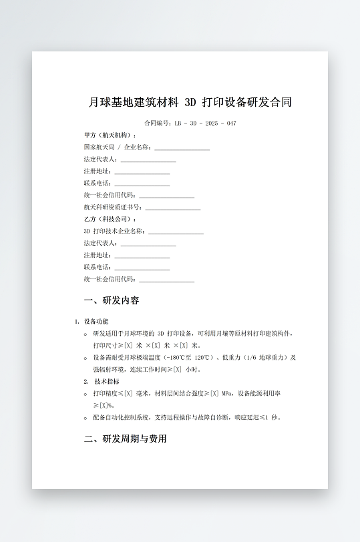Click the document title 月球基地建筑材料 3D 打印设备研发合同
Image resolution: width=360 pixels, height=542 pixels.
click(x=190, y=103)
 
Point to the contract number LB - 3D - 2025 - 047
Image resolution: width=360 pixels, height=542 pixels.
click(x=204, y=123)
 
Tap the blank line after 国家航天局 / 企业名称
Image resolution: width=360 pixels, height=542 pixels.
click(x=182, y=148)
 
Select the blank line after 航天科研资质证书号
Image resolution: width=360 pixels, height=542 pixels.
click(x=173, y=208)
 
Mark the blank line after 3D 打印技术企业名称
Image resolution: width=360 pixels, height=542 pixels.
click(x=176, y=232)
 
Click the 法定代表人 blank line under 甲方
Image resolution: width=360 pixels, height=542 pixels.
click(x=148, y=160)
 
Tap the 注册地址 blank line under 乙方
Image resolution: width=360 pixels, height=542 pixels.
click(x=142, y=256)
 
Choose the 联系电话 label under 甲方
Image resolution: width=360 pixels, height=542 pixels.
click(x=98, y=184)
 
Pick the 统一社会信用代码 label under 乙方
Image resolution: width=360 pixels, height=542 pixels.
click(x=110, y=280)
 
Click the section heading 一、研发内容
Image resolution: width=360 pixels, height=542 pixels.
click(x=112, y=300)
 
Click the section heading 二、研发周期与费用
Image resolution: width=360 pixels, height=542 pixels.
click(x=125, y=439)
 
